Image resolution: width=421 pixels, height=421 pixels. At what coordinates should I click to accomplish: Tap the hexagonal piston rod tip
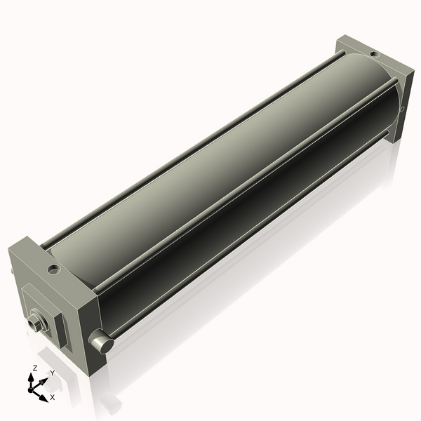pyautogui.click(x=35, y=323)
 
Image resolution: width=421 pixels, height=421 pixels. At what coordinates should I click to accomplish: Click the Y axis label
pyautogui.click(x=52, y=373)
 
